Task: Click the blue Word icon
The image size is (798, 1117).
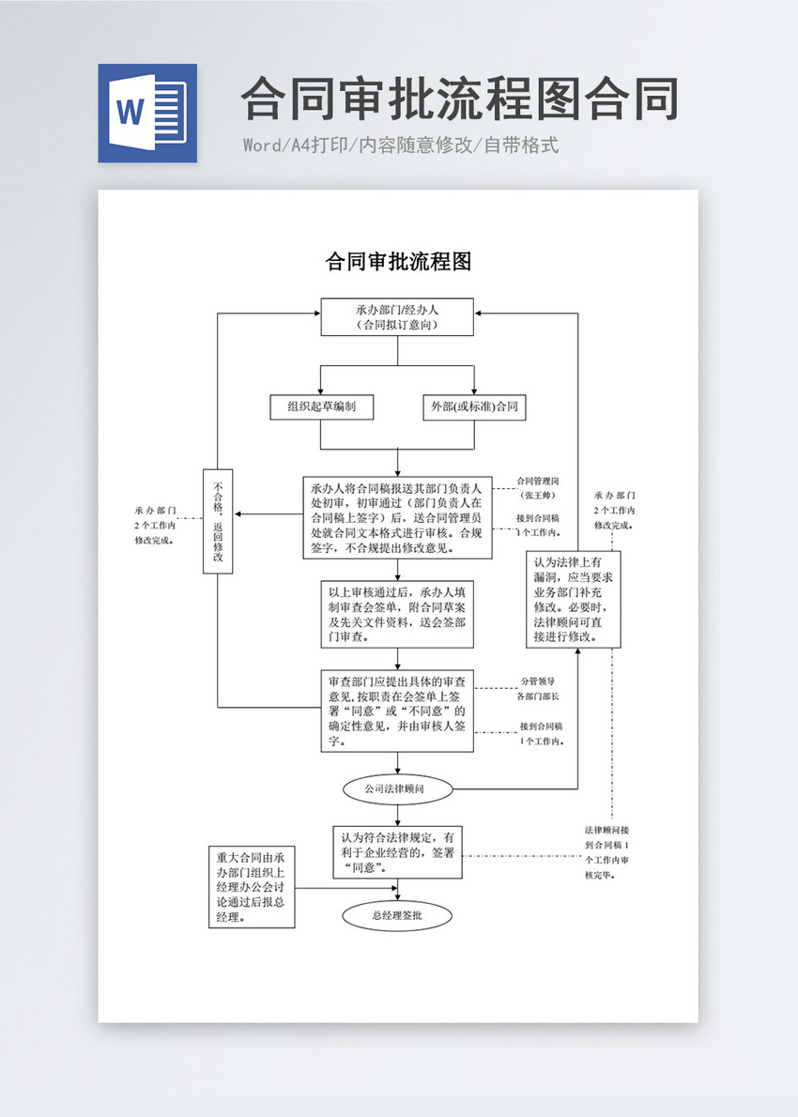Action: (147, 113)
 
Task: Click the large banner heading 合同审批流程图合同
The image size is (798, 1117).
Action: (459, 99)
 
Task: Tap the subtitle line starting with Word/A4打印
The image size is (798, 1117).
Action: (401, 145)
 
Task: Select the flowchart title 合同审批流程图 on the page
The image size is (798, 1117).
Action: (397, 262)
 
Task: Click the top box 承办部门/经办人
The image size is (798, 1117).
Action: (397, 317)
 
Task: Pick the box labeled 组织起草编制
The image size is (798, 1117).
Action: (321, 406)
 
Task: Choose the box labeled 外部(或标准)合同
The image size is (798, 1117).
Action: (474, 406)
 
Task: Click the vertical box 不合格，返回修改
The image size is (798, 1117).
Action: (218, 520)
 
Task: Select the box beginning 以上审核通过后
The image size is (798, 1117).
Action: (397, 614)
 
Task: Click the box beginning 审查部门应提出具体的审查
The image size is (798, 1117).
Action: (397, 711)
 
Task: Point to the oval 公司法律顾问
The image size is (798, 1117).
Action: (397, 788)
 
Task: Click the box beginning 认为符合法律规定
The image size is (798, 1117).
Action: (397, 852)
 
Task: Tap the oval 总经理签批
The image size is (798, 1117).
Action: (397, 916)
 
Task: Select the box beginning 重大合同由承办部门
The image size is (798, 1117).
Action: (252, 887)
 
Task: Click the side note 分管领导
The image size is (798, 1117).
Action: (538, 681)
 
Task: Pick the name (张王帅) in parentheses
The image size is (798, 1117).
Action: (538, 495)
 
